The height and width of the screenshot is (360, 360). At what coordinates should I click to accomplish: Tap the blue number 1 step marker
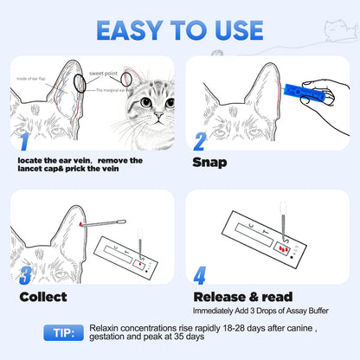tap(24, 144)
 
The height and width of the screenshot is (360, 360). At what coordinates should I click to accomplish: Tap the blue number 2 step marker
tap(199, 142)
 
